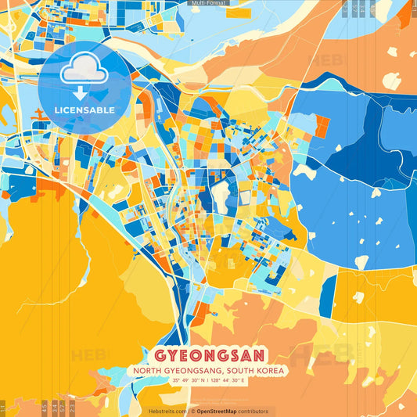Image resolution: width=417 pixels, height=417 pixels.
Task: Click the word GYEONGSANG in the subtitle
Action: pos(192,370)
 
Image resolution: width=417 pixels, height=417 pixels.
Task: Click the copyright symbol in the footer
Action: pos(192,411)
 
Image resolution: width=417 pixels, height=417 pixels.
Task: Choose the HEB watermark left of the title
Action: pos(90,355)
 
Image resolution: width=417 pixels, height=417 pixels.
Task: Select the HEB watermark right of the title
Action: pos(313,355)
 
